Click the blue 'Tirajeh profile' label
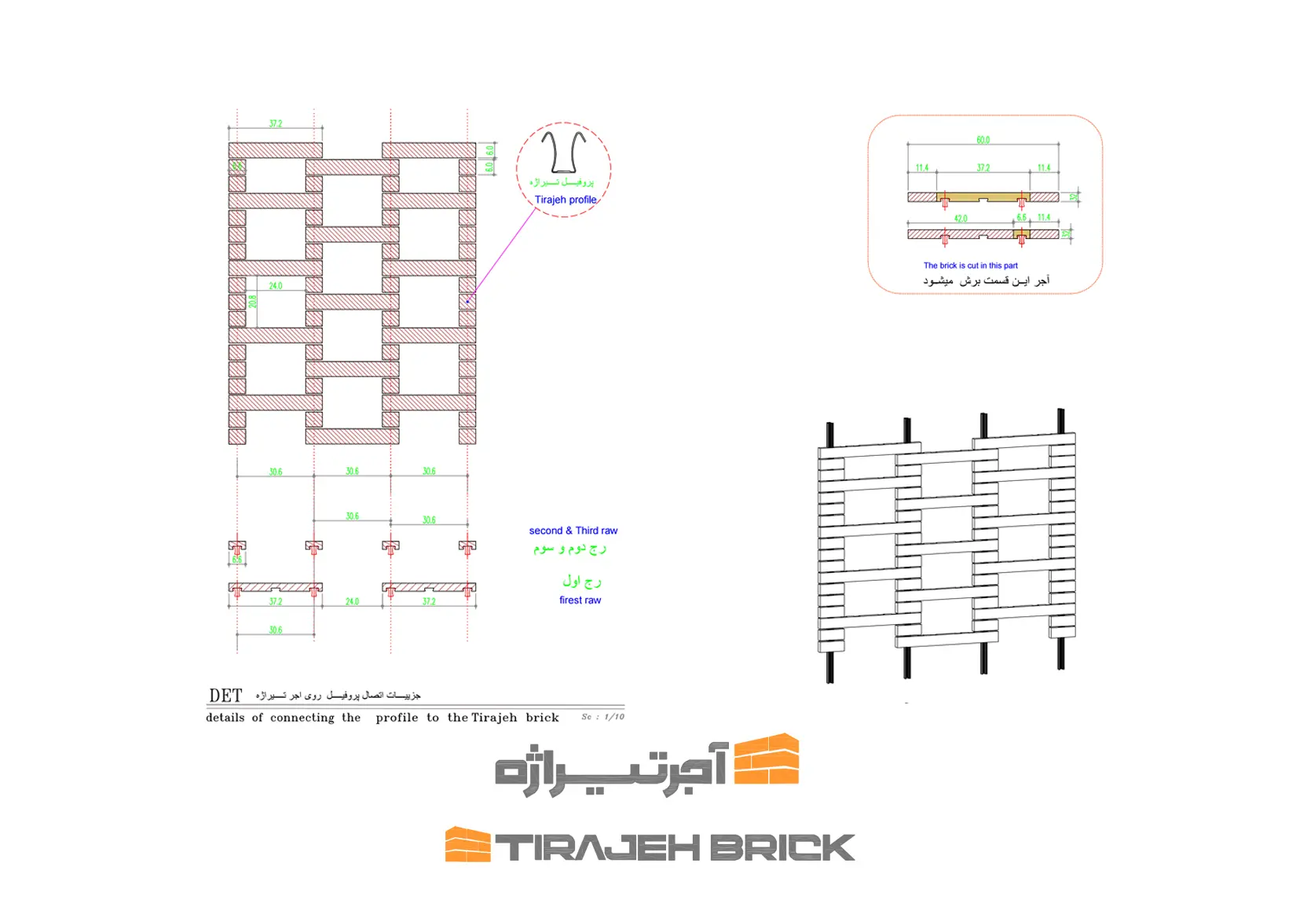pyautogui.click(x=566, y=200)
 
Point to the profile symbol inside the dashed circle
pyautogui.click(x=564, y=152)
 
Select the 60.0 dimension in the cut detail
pyautogui.click(x=983, y=140)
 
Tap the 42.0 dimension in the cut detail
pyautogui.click(x=961, y=218)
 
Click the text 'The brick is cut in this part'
pyautogui.click(x=970, y=266)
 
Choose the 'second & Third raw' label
pyautogui.click(x=573, y=531)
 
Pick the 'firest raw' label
pyautogui.click(x=580, y=600)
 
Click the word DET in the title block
pyautogui.click(x=225, y=696)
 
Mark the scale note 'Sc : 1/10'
pyautogui.click(x=602, y=717)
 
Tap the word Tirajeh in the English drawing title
pyautogui.click(x=496, y=718)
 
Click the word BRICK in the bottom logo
pyautogui.click(x=782, y=848)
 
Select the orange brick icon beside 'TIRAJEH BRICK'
pyautogui.click(x=467, y=845)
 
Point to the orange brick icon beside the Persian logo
pyautogui.click(x=766, y=759)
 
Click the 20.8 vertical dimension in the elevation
pyautogui.click(x=253, y=302)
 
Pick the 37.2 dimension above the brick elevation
pyautogui.click(x=275, y=123)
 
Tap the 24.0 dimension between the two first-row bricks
pyautogui.click(x=352, y=601)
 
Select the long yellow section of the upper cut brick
pyautogui.click(x=983, y=196)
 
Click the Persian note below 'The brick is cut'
pyautogui.click(x=986, y=281)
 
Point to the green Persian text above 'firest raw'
pyautogui.click(x=581, y=581)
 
